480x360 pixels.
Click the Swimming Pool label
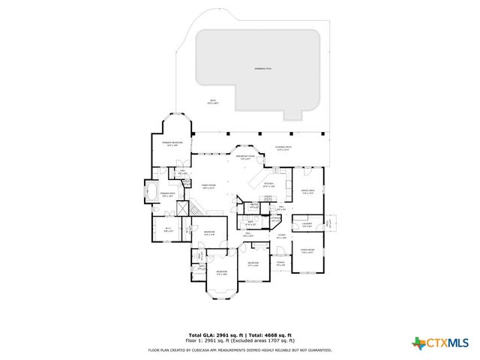[262, 68]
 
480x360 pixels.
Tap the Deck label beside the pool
[213, 102]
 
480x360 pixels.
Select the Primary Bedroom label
[172, 143]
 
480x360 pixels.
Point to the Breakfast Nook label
[245, 156]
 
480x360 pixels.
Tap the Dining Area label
[307, 192]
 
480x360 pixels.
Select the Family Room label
[208, 187]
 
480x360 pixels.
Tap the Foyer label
[281, 237]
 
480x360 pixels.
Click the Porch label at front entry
[280, 264]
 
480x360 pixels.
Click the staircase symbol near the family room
[193, 208]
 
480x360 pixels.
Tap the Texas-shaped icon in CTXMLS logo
[418, 343]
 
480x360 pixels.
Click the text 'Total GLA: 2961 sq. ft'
[212, 334]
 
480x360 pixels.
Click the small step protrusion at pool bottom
[295, 117]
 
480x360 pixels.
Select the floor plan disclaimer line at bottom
[239, 349]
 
